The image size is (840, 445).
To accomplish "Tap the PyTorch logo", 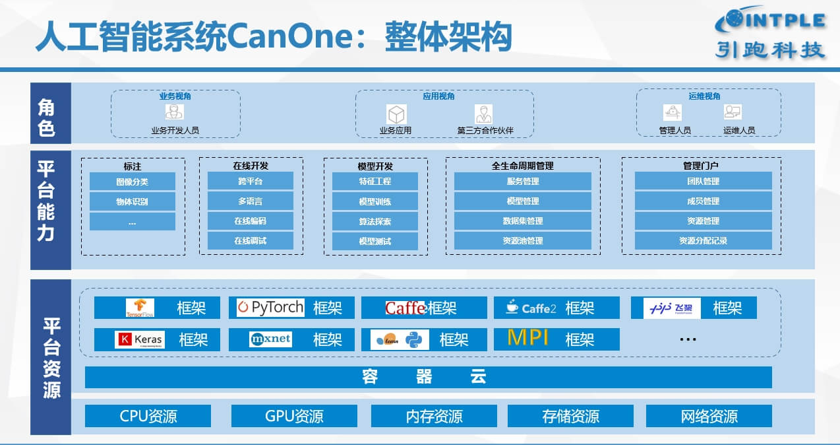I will [x=270, y=308].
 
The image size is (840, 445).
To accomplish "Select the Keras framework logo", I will [x=139, y=340].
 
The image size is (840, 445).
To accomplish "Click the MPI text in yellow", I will [x=528, y=338].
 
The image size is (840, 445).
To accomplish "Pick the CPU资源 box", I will [x=148, y=416].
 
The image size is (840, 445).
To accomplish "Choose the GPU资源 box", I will [x=294, y=416].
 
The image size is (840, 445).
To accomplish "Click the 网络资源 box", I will [x=709, y=416].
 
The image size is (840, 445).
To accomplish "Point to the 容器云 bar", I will [x=428, y=377].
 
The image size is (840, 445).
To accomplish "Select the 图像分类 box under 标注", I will [x=132, y=182].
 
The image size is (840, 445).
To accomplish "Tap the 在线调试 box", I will [x=250, y=241].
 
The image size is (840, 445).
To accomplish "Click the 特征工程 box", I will [x=375, y=182].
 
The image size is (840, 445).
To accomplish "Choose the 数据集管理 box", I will [x=523, y=221].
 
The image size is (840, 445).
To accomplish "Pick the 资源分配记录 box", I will [x=703, y=241].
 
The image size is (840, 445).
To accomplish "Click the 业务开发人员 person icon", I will [x=175, y=112].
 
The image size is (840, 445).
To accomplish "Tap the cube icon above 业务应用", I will [x=396, y=114].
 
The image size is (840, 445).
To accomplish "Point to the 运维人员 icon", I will [x=732, y=112].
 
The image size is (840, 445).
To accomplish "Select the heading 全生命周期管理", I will [x=522, y=166].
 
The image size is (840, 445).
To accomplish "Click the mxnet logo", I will [x=270, y=339].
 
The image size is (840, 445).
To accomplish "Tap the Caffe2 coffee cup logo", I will [x=512, y=307].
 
